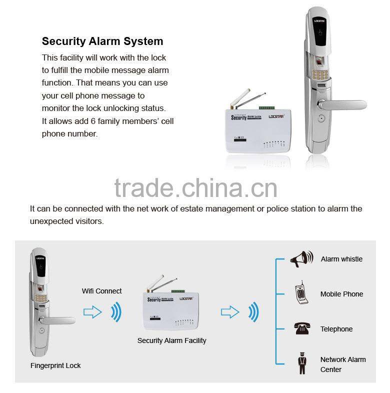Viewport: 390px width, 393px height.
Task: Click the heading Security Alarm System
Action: click(x=102, y=41)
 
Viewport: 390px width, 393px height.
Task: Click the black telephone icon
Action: click(x=301, y=328)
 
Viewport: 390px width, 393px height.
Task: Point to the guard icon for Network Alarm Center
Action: click(x=301, y=364)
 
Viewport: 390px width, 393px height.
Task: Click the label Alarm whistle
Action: click(x=341, y=259)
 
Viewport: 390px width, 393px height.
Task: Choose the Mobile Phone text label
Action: click(x=341, y=294)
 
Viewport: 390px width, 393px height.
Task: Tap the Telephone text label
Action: click(x=336, y=329)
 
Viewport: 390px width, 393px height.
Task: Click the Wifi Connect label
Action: click(x=102, y=291)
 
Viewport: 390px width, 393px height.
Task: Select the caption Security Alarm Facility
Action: click(x=171, y=340)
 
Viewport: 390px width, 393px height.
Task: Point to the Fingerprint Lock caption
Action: click(x=55, y=365)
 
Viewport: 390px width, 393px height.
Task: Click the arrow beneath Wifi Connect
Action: click(x=92, y=313)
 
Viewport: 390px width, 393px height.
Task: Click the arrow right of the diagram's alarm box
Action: click(x=230, y=313)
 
